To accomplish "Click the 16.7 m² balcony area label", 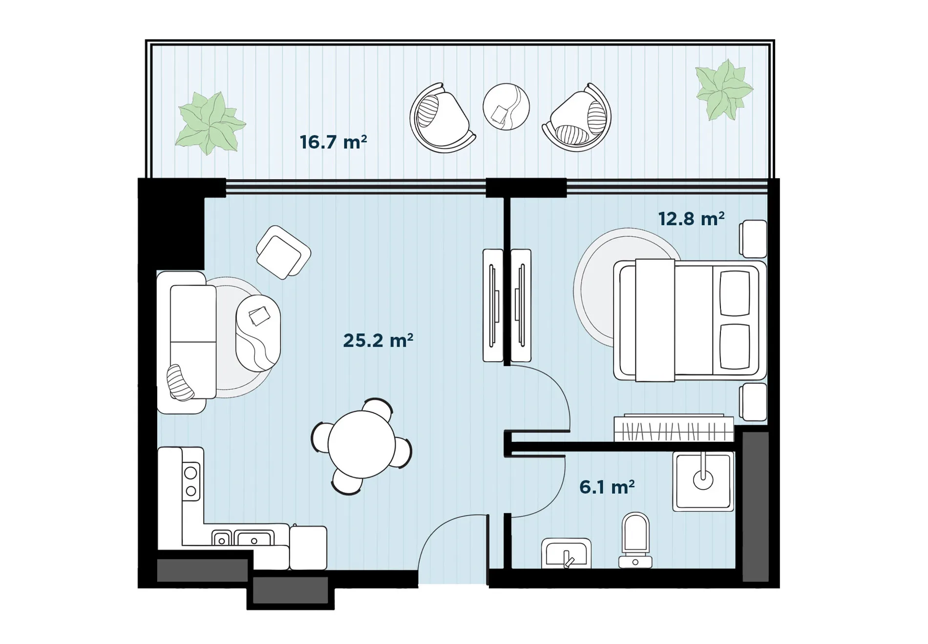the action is (333, 142).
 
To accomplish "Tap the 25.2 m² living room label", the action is (378, 340).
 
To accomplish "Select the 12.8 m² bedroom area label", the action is (691, 219).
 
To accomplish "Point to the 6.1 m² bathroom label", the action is (607, 487).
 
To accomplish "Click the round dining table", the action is (361, 444).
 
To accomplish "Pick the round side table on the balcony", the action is (506, 106).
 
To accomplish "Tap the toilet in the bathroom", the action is (635, 540).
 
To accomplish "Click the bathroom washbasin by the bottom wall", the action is (566, 554).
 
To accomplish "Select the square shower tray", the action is (703, 481).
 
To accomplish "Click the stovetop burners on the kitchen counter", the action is (191, 481).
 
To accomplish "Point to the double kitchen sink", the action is (243, 538).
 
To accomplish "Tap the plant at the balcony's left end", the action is (210, 123).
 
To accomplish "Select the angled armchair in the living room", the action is (283, 252).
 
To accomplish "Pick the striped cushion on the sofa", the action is (180, 383).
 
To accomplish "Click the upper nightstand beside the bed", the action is (753, 239).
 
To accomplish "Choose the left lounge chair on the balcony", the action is (441, 119).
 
